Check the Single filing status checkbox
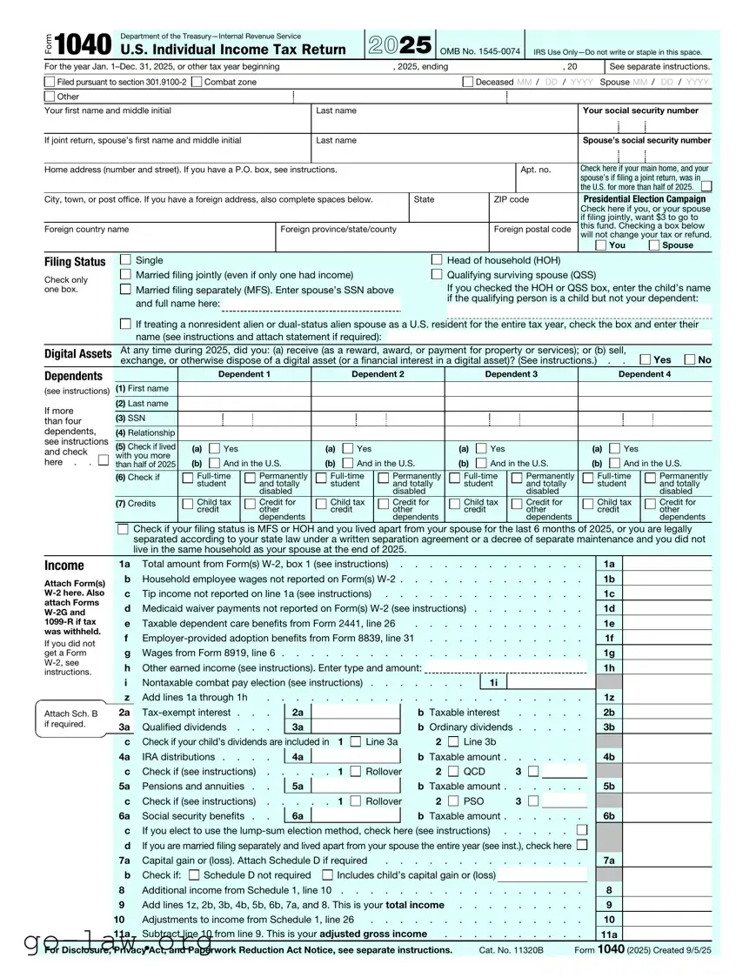point(125,260)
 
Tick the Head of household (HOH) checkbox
point(437,260)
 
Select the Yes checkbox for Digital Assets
point(646,359)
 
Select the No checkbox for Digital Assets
point(690,359)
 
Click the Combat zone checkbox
point(197,82)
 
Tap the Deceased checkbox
point(469,82)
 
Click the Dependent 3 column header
point(511,374)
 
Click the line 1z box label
point(609,698)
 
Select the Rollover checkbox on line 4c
point(355,772)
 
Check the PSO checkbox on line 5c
point(453,801)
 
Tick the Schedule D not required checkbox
point(194,875)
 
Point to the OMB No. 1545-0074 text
point(480,51)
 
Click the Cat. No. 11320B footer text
point(511,950)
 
